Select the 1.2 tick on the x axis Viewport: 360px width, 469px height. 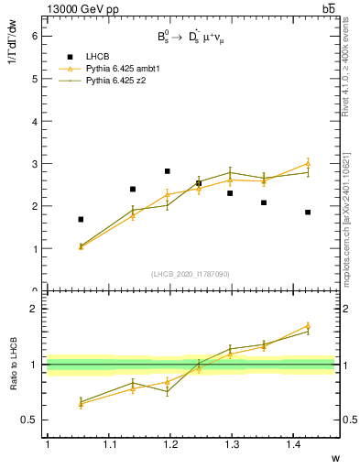click(x=169, y=444)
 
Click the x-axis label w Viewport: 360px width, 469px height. click(x=334, y=456)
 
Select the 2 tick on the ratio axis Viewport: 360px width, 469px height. click(x=34, y=309)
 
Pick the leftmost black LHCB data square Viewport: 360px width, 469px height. click(x=81, y=220)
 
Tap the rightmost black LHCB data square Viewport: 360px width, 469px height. click(x=308, y=213)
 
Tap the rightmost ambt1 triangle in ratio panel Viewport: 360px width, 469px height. click(x=308, y=325)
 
